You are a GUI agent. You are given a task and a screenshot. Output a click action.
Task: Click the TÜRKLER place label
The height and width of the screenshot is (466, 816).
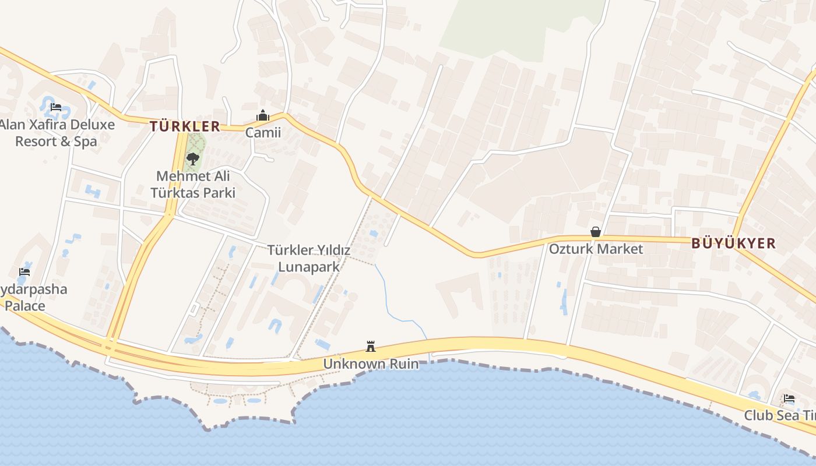tap(185, 126)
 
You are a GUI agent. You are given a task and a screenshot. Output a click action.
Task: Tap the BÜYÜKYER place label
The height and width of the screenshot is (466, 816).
tap(733, 243)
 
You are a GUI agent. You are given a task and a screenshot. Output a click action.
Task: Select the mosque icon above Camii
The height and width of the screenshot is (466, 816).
tap(263, 116)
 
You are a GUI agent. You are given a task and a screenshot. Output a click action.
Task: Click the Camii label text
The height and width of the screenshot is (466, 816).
tap(263, 133)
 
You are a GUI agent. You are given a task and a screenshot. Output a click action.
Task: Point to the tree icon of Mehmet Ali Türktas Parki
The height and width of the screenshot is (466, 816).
tap(192, 158)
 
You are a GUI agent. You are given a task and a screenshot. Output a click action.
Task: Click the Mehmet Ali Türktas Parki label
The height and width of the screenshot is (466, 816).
tap(193, 184)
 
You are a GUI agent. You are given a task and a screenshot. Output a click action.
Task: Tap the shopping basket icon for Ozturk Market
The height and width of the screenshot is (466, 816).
tap(595, 232)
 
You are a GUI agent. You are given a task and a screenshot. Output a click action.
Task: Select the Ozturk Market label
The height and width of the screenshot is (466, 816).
tap(596, 249)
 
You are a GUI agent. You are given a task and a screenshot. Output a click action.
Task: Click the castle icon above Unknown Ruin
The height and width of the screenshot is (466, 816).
tap(370, 347)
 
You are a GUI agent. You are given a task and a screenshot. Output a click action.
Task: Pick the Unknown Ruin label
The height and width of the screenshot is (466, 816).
tap(371, 364)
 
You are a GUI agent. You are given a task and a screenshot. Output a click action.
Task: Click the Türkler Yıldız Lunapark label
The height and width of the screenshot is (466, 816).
tap(309, 258)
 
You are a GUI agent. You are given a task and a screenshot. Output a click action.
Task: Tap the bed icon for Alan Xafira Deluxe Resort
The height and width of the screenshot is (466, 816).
tap(56, 107)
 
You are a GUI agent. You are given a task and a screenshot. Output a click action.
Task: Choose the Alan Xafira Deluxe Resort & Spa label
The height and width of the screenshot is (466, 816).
tap(57, 133)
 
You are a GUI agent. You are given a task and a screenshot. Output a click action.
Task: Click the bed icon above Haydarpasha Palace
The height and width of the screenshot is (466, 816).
tap(24, 271)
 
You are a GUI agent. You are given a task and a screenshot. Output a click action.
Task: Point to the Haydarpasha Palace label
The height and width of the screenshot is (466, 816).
tap(33, 297)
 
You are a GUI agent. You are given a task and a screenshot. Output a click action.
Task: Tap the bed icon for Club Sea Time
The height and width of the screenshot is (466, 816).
tap(789, 398)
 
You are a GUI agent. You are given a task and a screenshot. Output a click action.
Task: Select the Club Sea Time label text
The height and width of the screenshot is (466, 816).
tap(780, 415)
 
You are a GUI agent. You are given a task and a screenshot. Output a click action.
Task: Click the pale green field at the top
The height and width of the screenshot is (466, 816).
tap(513, 26)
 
